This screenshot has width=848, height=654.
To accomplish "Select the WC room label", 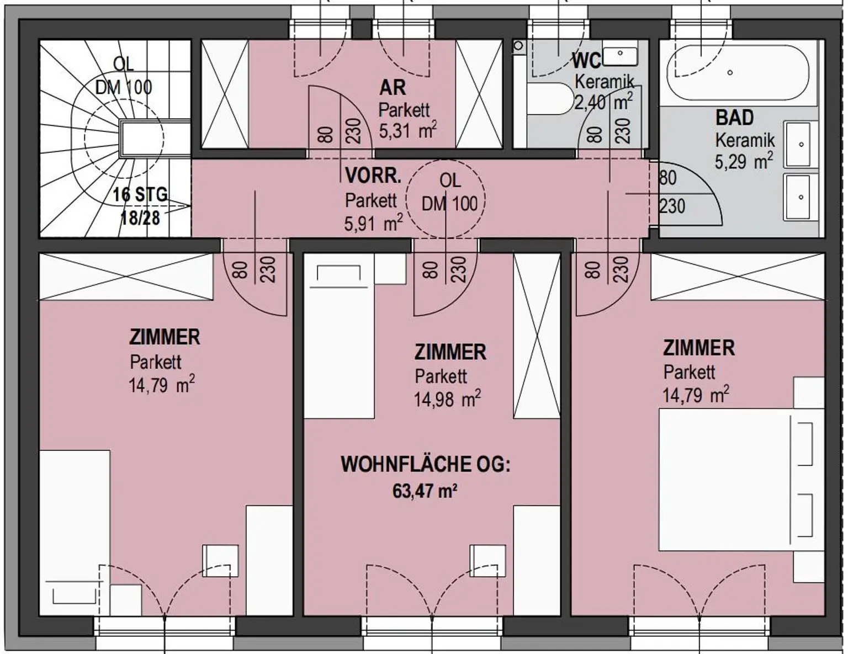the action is pyautogui.click(x=586, y=62).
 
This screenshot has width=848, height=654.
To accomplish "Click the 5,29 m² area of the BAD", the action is pyautogui.click(x=744, y=161).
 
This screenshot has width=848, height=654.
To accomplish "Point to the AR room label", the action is pyautogui.click(x=393, y=88).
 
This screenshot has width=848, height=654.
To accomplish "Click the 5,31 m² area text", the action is pyautogui.click(x=407, y=130).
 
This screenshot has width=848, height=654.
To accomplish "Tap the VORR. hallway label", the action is pyautogui.click(x=373, y=176).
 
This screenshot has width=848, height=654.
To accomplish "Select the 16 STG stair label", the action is pyautogui.click(x=140, y=194).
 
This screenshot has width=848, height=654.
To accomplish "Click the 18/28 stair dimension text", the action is pyautogui.click(x=140, y=217).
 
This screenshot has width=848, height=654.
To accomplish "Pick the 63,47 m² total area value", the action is pyautogui.click(x=425, y=490).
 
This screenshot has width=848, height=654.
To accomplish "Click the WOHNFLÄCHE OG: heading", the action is pyautogui.click(x=426, y=465).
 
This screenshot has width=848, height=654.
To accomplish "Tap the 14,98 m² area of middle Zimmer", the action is pyautogui.click(x=447, y=400).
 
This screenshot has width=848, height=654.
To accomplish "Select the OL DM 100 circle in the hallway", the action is pyautogui.click(x=446, y=199).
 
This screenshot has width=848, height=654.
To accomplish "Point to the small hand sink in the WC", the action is pyautogui.click(x=620, y=56).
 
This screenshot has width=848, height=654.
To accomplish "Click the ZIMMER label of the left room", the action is pyautogui.click(x=165, y=337).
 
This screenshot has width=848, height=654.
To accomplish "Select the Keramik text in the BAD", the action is pyautogui.click(x=745, y=140).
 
